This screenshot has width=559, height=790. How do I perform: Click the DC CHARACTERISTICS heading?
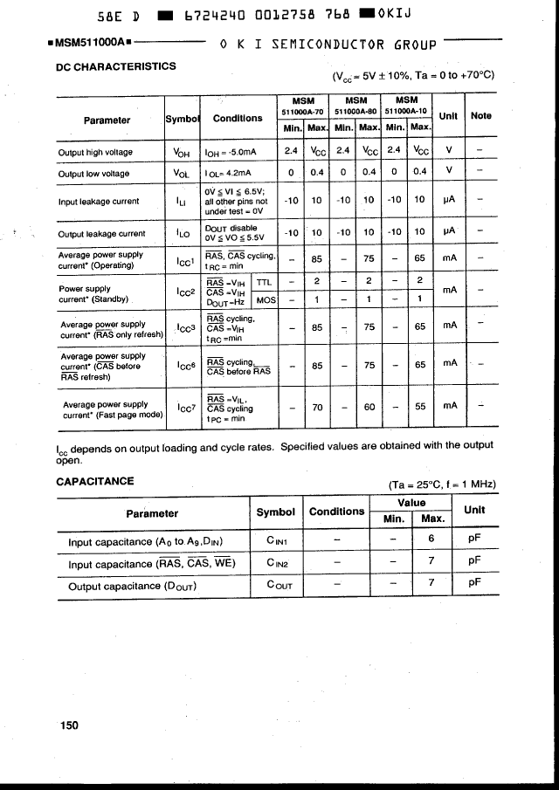pos(115,66)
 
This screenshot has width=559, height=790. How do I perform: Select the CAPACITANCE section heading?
pos(95,481)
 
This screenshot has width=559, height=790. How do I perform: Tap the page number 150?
pos(70,725)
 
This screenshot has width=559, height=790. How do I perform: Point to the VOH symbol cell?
pos(183,152)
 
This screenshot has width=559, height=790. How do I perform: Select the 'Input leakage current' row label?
pos(99,202)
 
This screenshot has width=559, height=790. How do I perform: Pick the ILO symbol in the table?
pos(183,233)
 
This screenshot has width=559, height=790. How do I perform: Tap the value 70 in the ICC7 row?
pos(318,406)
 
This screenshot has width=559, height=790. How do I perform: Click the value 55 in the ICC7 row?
pos(420,406)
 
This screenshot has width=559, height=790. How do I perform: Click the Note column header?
pos(481,115)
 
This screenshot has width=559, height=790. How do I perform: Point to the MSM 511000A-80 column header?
pos(355,106)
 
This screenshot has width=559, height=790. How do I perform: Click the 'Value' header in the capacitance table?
pos(411,503)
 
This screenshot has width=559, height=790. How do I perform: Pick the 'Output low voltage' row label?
pos(94,174)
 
